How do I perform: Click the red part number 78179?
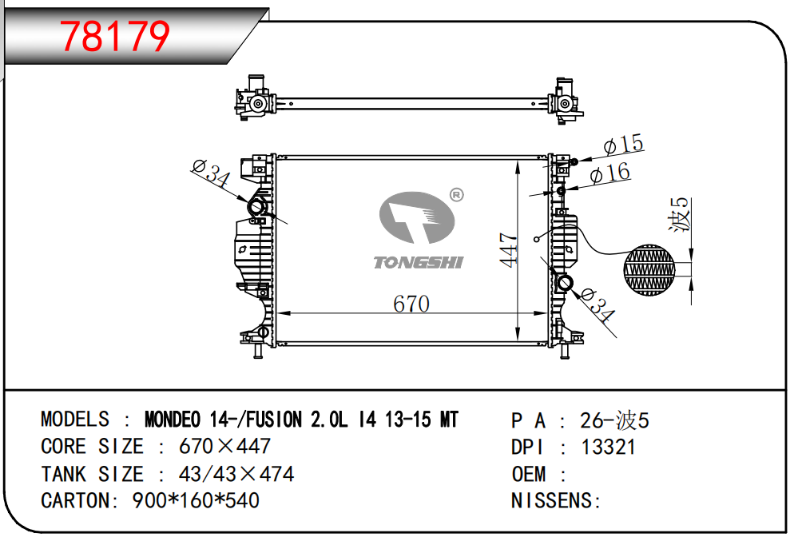pyautogui.click(x=114, y=36)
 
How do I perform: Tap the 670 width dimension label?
pyautogui.click(x=411, y=304)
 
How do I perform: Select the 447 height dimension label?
pyautogui.click(x=509, y=249)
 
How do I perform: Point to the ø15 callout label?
pyautogui.click(x=624, y=145)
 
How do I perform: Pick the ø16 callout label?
pyautogui.click(x=609, y=173)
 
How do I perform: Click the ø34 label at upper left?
pyautogui.click(x=211, y=173)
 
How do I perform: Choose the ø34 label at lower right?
pyautogui.click(x=598, y=305)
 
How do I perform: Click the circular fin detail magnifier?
pyautogui.click(x=649, y=269)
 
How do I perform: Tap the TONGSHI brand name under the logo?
pyautogui.click(x=419, y=263)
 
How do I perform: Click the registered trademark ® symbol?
pyautogui.click(x=456, y=195)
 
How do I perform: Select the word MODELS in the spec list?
pyautogui.click(x=74, y=419)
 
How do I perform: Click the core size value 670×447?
pyautogui.click(x=224, y=446)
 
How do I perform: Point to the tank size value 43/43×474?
pyautogui.click(x=236, y=474)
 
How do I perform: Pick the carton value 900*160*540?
pyautogui.click(x=196, y=500)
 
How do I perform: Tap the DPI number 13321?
pyautogui.click(x=608, y=448)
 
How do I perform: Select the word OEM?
pyautogui.click(x=529, y=474)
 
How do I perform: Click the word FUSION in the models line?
pyautogui.click(x=274, y=420)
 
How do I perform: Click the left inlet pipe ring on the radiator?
pyautogui.click(x=256, y=207)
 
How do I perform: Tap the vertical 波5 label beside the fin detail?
pyautogui.click(x=681, y=214)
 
